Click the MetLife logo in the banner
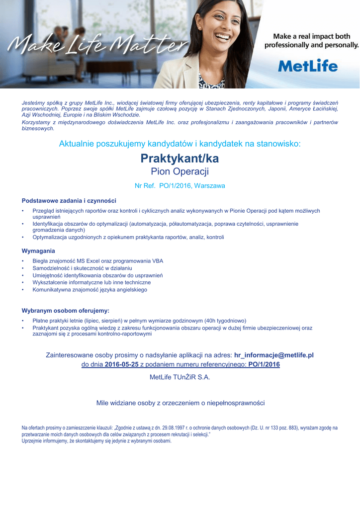pyautogui.click(x=308, y=66)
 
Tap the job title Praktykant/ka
pyautogui.click(x=180, y=159)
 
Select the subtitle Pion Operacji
pyautogui.click(x=180, y=172)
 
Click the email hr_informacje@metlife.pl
pyautogui.click(x=273, y=355)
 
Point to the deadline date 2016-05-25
pyautogui.click(x=121, y=365)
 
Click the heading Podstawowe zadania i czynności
pyautogui.click(x=69, y=201)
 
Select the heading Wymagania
pyautogui.click(x=38, y=251)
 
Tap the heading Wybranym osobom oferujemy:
pyautogui.click(x=65, y=311)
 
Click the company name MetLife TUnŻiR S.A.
pyautogui.click(x=180, y=377)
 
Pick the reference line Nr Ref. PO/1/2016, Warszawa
pyautogui.click(x=180, y=186)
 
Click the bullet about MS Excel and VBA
pyautogui.click(x=97, y=261)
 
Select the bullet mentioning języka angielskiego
pyautogui.click(x=90, y=289)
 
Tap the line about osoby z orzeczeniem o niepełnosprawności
pyautogui.click(x=180, y=403)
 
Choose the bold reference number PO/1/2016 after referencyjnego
pyautogui.click(x=264, y=365)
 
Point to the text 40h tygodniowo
pyautogui.click(x=224, y=321)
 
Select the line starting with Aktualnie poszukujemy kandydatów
pyautogui.click(x=180, y=144)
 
